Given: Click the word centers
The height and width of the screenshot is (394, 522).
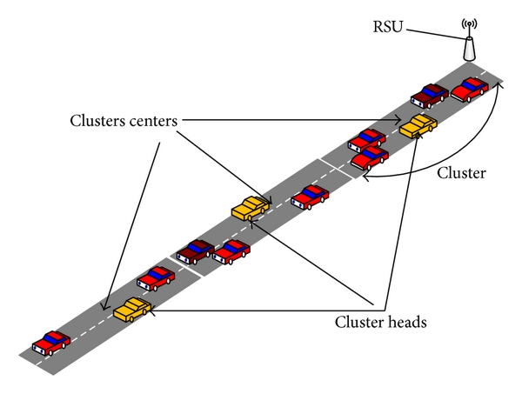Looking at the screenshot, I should coord(152,122).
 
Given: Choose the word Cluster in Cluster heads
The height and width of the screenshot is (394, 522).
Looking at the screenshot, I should coord(358,321).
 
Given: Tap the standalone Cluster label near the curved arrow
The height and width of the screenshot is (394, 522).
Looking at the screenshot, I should coord(460,173).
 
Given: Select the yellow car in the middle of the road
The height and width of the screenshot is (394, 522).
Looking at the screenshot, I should coord(251,209).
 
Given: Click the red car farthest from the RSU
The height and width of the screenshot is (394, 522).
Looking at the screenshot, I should coord(50,341).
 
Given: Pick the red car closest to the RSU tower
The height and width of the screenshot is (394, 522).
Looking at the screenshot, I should coord(469,89).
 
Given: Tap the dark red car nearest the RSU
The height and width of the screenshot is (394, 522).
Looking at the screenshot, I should coord(429,95).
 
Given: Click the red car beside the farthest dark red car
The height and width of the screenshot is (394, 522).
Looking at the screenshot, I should coord(231,252).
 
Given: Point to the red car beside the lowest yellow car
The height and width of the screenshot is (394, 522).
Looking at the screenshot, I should coord(156,278).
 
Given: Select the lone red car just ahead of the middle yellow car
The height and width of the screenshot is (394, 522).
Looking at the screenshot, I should coord(310,197).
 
